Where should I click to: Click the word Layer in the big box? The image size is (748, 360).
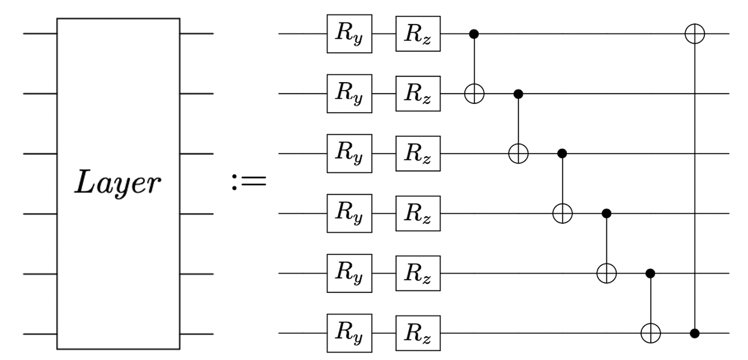point(118,184)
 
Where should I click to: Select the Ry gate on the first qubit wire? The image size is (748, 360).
point(349,34)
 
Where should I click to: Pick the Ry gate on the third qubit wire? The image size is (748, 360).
point(349,153)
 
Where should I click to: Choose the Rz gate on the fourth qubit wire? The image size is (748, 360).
point(418,214)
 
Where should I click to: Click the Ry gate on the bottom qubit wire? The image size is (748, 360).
point(349,333)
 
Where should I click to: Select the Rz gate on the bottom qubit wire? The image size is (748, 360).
point(418,333)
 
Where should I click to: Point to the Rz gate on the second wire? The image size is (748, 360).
point(418,94)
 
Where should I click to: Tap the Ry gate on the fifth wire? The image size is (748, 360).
point(349,273)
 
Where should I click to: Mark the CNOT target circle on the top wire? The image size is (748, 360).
point(695,34)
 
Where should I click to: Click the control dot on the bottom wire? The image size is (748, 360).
point(695,333)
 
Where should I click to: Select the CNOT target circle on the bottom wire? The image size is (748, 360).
point(651,333)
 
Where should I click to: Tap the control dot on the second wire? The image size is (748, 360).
point(518,94)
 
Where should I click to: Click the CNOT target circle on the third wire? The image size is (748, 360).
point(518,153)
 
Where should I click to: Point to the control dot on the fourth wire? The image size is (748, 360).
point(607,214)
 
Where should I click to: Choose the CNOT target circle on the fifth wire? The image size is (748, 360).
point(607,273)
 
